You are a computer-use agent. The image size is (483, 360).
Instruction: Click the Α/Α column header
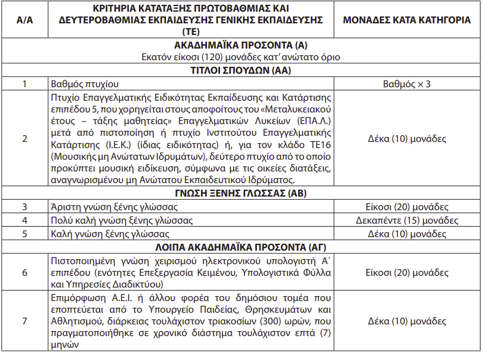[24, 20]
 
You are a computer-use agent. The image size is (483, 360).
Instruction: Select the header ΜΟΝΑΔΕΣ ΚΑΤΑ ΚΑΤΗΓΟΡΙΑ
[406, 20]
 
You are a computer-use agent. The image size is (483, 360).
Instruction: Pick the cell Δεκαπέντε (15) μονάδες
[406, 221]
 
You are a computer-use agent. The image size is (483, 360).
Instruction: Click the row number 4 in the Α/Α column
[24, 221]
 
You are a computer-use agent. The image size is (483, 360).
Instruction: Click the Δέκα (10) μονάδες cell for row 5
[406, 234]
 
